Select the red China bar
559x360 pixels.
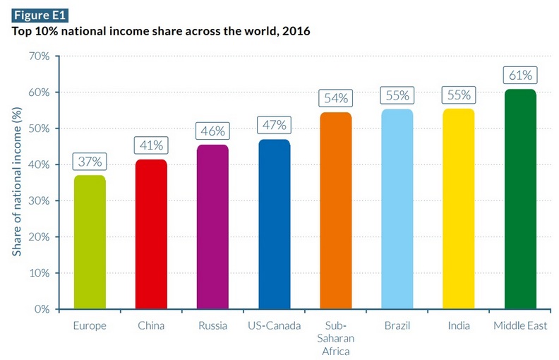pyautogui.click(x=151, y=234)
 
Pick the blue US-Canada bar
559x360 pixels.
pyautogui.click(x=274, y=224)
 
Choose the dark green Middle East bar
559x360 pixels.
pyautogui.click(x=520, y=199)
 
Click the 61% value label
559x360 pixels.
pyautogui.click(x=520, y=75)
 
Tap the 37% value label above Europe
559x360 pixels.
pyautogui.click(x=90, y=162)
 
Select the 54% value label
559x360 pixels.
pyautogui.click(x=335, y=97)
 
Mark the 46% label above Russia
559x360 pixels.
pyautogui.click(x=212, y=131)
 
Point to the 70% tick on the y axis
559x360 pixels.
pyautogui.click(x=39, y=56)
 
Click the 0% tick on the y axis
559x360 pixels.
pyautogui.click(x=42, y=309)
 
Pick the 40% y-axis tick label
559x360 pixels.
pyautogui.click(x=39, y=164)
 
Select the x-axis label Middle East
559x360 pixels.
pyautogui.click(x=520, y=327)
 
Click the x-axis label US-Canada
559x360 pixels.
pyautogui.click(x=274, y=327)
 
